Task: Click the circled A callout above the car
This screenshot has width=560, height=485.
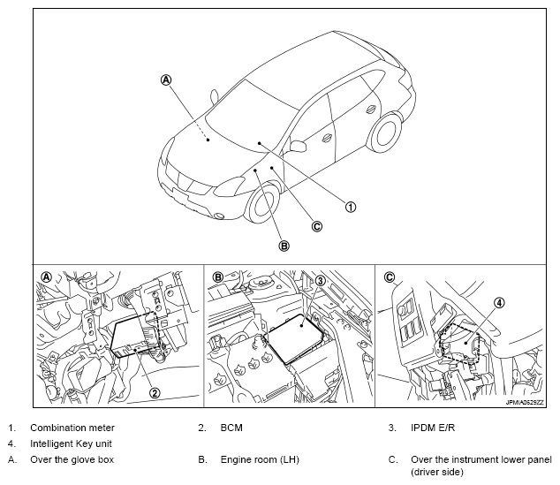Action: (x=166, y=80)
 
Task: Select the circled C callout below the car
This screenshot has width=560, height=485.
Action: (x=317, y=226)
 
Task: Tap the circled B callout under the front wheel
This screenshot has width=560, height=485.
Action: (x=284, y=246)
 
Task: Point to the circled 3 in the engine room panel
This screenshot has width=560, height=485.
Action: (x=322, y=281)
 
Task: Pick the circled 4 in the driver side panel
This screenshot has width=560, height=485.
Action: (x=499, y=303)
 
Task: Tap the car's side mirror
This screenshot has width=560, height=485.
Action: (x=297, y=145)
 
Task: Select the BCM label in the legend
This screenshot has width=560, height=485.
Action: (x=233, y=428)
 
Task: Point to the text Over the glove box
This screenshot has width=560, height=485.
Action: (x=72, y=459)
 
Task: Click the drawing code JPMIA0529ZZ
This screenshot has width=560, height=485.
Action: (x=526, y=401)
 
